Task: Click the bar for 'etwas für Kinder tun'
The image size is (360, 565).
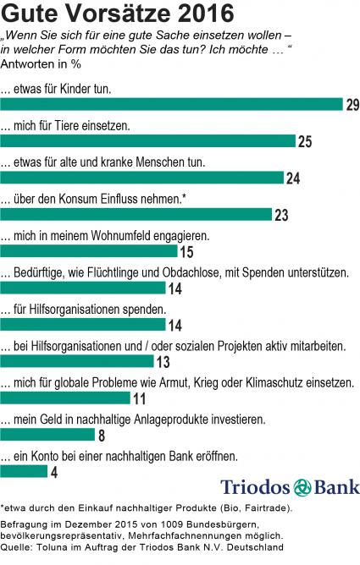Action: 171,104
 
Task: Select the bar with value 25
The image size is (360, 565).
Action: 148,141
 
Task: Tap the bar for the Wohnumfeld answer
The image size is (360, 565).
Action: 89,251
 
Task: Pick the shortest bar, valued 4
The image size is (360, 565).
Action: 24,471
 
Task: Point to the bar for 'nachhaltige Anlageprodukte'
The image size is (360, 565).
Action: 47,435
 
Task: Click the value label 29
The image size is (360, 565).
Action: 352,105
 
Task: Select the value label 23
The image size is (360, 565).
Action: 281,215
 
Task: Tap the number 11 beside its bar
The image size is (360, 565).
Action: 140,398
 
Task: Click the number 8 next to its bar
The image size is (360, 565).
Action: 102,436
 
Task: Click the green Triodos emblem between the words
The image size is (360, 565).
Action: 302,488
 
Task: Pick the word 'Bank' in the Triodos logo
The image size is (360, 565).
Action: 337,487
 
